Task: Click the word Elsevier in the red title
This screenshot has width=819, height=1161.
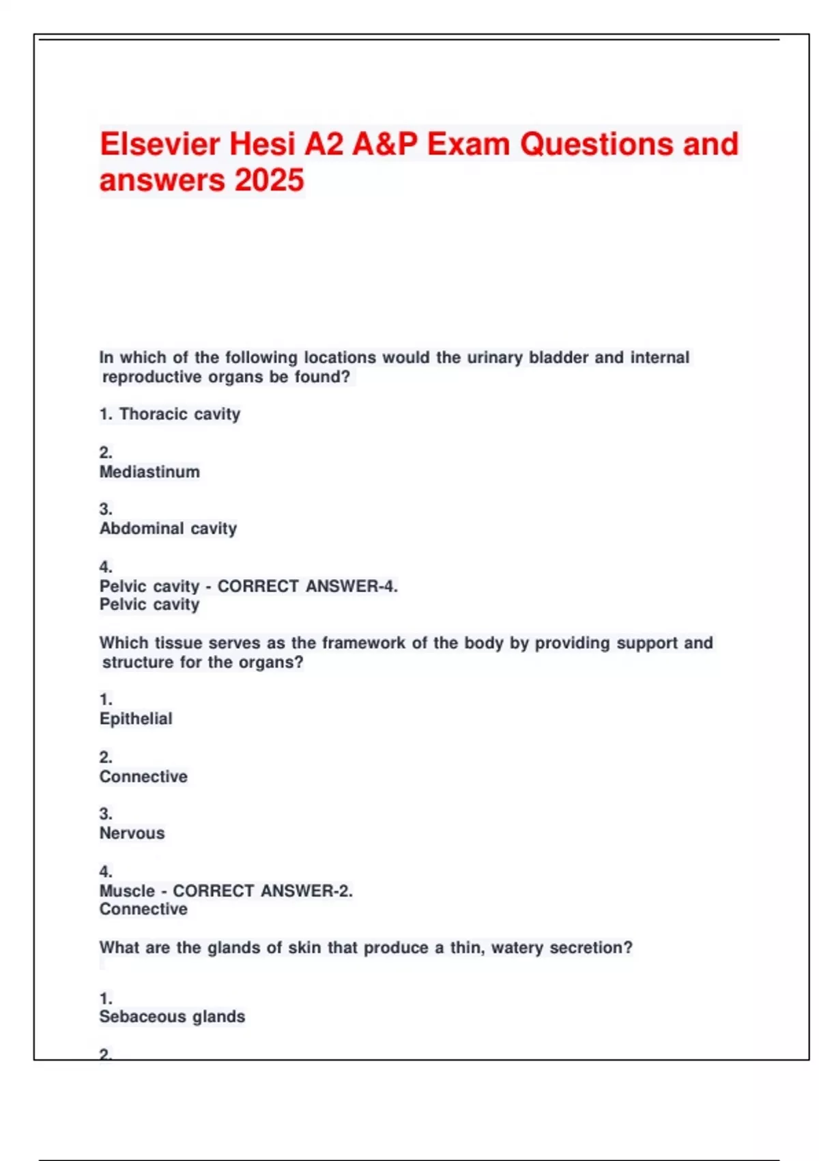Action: point(160,144)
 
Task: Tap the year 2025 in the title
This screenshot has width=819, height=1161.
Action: point(269,181)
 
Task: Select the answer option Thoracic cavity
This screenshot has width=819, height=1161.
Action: point(179,414)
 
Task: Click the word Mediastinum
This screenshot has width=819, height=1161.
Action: point(149,472)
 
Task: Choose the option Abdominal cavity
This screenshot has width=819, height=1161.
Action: point(168,529)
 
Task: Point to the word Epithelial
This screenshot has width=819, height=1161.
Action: point(136,718)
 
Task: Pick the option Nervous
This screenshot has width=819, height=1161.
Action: point(132,833)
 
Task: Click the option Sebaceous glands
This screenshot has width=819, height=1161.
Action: point(172,1017)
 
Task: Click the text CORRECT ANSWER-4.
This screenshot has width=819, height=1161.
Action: point(307,586)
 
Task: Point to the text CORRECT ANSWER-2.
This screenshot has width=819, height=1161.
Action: point(263,891)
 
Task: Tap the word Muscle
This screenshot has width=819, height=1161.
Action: point(127,891)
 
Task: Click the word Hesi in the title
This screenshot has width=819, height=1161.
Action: point(262,144)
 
